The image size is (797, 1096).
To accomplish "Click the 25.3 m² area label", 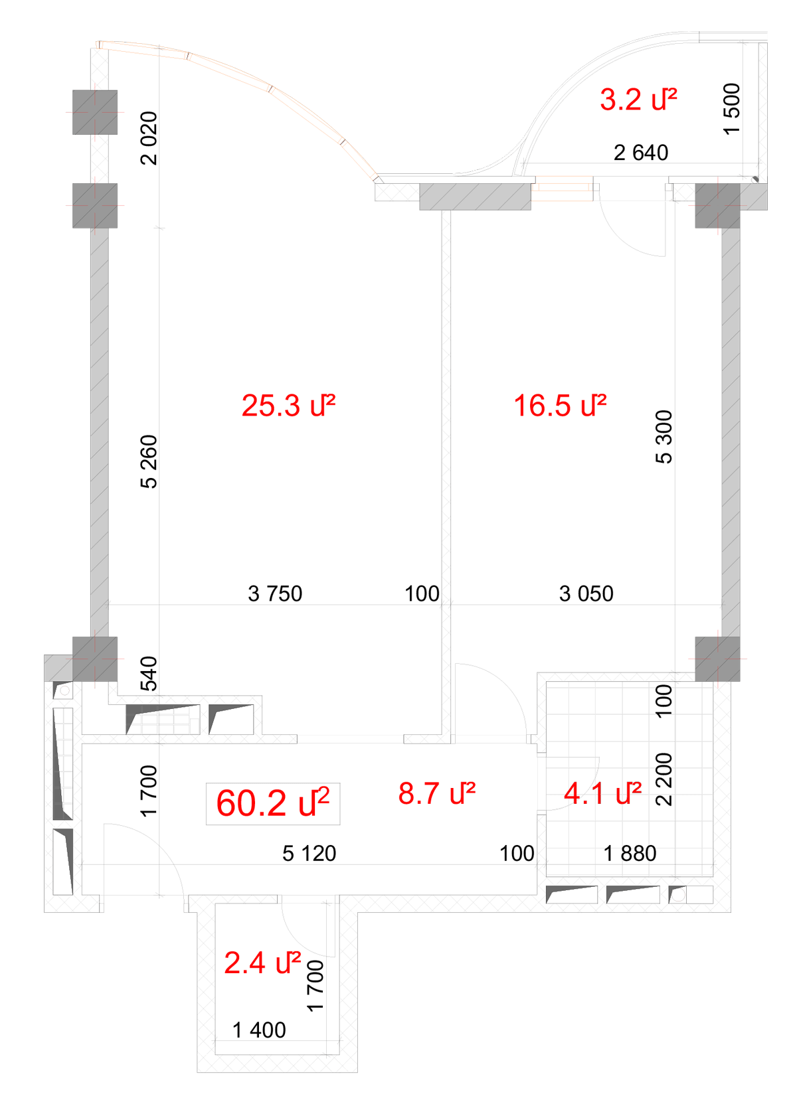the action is (x=288, y=406).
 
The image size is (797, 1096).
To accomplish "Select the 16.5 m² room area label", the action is (x=560, y=406).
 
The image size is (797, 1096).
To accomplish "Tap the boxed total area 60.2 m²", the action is (x=273, y=803).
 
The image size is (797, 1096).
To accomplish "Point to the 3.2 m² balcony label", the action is (x=638, y=100).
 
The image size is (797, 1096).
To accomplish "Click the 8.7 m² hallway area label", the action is (x=436, y=793).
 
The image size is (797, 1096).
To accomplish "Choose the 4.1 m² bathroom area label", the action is (x=602, y=793).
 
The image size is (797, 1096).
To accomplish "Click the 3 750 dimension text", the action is (x=275, y=593).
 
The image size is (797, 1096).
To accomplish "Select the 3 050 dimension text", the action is (x=586, y=593).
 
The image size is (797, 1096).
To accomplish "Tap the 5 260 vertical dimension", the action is (x=149, y=461).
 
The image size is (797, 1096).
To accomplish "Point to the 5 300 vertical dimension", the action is (x=664, y=437).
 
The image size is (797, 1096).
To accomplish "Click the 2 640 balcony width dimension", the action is (x=641, y=153).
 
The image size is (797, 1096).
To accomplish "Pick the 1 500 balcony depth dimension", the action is (x=732, y=109).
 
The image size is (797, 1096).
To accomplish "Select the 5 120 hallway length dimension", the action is (x=309, y=853).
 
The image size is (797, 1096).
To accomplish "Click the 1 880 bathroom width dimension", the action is (x=630, y=853).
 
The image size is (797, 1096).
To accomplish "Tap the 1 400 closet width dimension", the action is (x=259, y=1030).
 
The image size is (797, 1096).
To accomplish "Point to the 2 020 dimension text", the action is (x=149, y=139).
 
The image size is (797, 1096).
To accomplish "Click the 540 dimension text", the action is (x=149, y=673).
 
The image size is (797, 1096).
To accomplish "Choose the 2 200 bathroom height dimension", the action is (x=664, y=779).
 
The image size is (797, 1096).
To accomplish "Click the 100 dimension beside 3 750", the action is (x=422, y=593).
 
